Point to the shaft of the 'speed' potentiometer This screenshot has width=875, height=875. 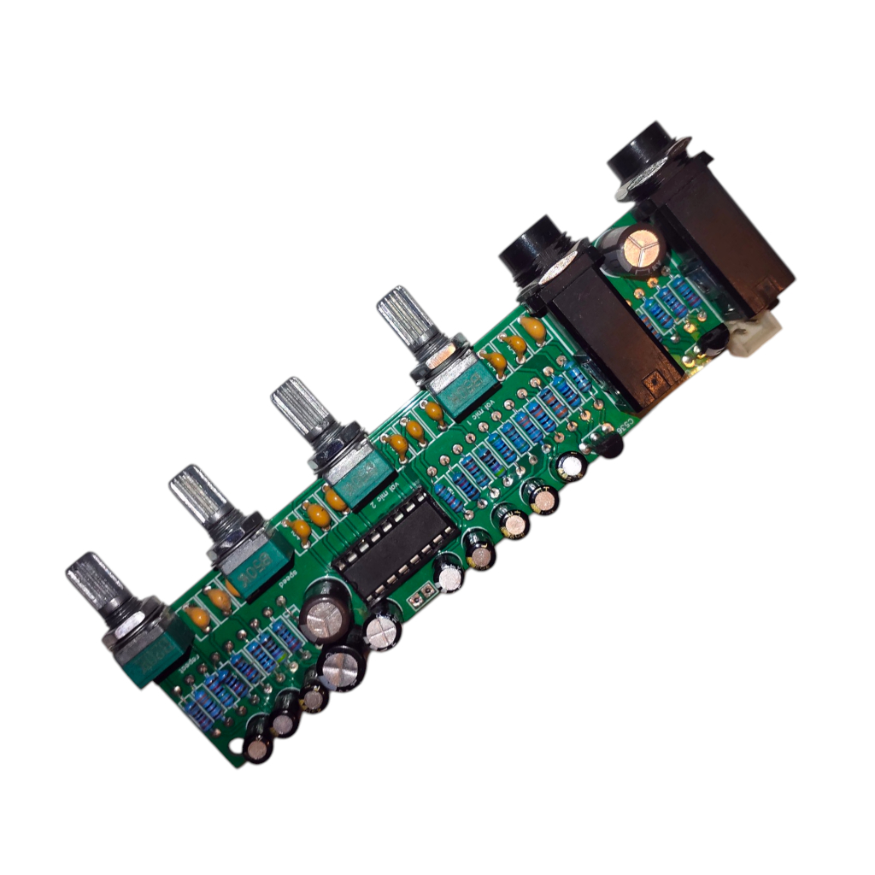tap(196, 495)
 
